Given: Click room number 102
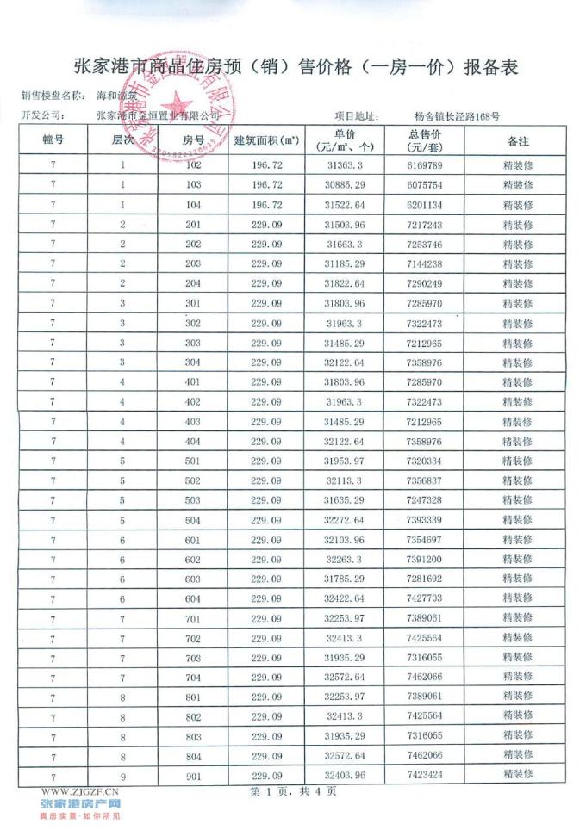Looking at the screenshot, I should click(192, 164).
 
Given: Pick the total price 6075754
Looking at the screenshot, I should click(424, 184).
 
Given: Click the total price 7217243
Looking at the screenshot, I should click(424, 225).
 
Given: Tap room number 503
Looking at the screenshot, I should click(192, 499).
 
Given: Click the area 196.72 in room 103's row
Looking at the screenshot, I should click(265, 184).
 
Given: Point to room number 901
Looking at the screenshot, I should click(192, 774).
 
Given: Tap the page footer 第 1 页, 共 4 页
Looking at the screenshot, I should click(292, 791).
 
